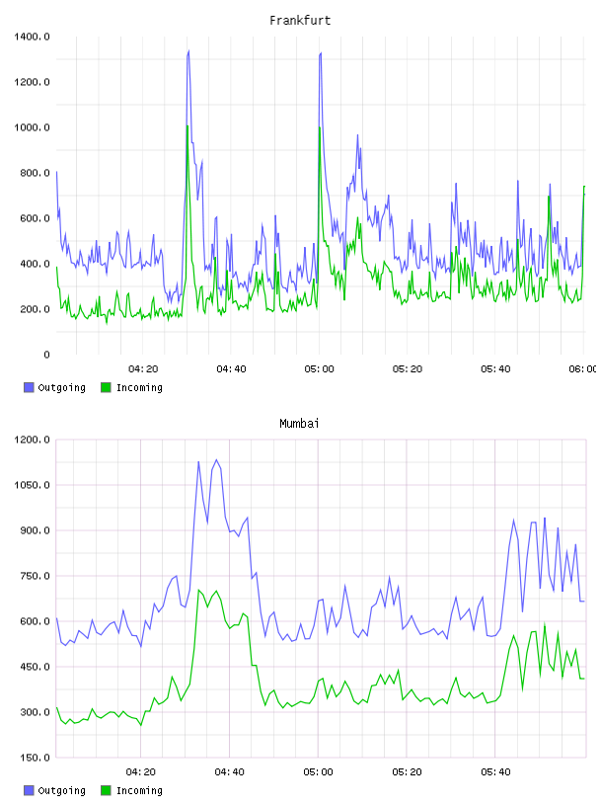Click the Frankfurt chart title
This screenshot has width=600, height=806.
point(300,21)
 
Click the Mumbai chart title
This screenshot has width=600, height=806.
point(299,424)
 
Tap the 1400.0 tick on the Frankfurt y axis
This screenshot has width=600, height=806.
point(32,37)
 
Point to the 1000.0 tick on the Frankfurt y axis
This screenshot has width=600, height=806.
point(32,127)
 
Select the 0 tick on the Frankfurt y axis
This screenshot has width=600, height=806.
point(46,355)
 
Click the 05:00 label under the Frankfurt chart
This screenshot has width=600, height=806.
point(319,369)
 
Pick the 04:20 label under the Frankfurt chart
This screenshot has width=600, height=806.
point(143,369)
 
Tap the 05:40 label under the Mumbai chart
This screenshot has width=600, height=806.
point(495,772)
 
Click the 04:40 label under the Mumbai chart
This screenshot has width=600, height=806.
point(230,772)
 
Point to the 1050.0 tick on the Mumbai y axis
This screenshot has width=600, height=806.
point(32,485)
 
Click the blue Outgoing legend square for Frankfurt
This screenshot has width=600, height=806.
point(29,387)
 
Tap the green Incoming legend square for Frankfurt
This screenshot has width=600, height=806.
point(106,387)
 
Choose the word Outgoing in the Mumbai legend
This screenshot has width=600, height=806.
point(61,790)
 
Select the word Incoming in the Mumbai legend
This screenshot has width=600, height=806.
point(139,790)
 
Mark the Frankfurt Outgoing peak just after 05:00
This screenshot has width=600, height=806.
point(321,52)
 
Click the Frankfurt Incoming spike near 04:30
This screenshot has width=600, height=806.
point(187,125)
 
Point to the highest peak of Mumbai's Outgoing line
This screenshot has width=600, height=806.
point(216,459)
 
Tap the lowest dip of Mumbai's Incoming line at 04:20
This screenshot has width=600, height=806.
point(141,725)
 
